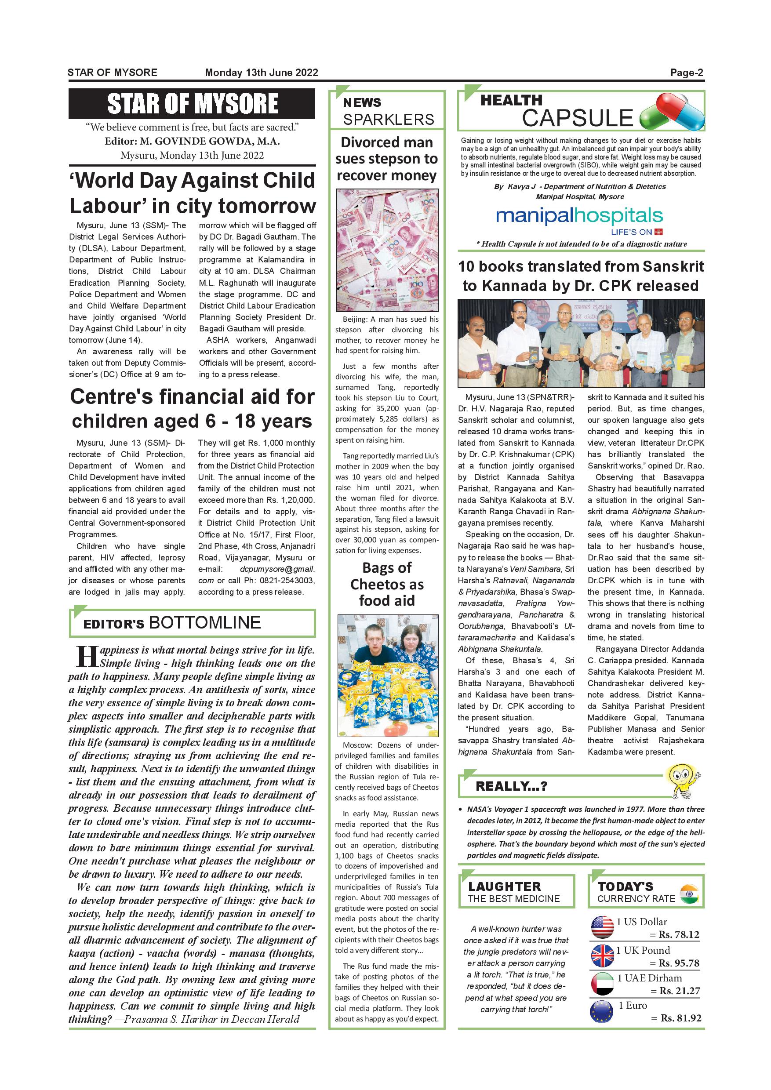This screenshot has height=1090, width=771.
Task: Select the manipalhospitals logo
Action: pos(579,217)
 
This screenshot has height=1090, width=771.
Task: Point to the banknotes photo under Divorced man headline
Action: pos(387,250)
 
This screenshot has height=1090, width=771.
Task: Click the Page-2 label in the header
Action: pos(686,73)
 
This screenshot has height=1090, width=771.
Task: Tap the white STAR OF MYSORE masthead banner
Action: pos(192,103)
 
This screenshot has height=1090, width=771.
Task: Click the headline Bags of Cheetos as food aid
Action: pos(387,584)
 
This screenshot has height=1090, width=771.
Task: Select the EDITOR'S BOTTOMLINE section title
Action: pos(172,623)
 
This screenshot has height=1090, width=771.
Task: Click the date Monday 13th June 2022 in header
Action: pos(261,73)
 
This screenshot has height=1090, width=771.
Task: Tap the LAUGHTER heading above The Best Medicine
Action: pos(504,887)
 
